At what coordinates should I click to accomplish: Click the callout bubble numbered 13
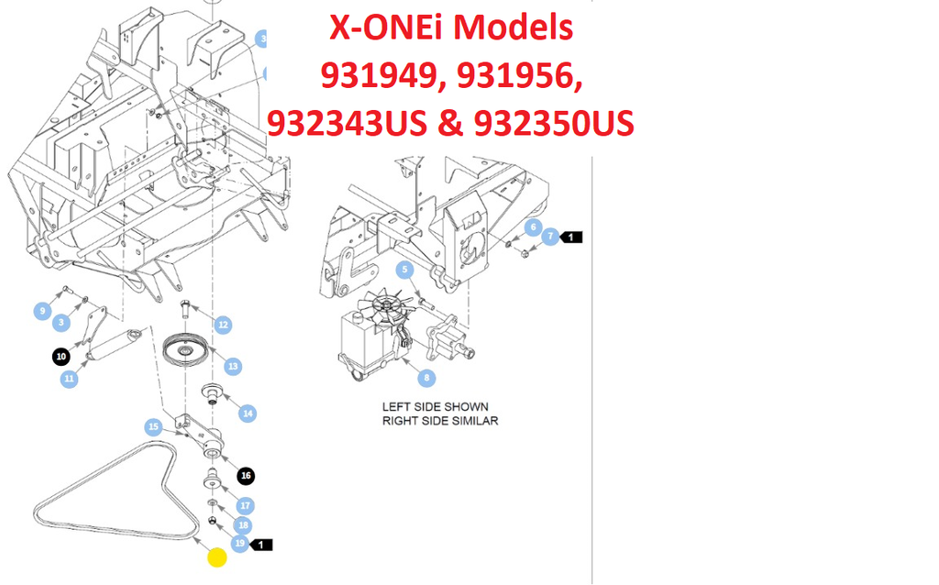(233, 367)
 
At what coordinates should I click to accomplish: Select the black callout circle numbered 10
(61, 357)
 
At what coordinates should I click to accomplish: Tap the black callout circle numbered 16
(246, 476)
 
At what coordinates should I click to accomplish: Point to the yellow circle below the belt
(216, 557)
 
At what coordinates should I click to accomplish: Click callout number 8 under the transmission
(426, 378)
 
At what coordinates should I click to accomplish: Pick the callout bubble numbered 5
(404, 270)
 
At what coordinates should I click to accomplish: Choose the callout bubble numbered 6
(533, 227)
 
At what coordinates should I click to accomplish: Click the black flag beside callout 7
(570, 237)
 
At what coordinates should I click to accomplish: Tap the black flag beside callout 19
(260, 545)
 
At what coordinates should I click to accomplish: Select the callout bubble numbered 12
(223, 326)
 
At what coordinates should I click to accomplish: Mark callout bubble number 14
(248, 414)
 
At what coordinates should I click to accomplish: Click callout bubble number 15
(154, 427)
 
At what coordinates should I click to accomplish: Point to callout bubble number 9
(42, 311)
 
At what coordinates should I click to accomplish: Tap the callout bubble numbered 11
(70, 379)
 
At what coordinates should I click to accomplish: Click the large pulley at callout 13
(185, 348)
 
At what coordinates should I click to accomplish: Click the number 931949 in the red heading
(382, 76)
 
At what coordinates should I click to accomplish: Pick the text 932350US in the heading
(554, 124)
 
